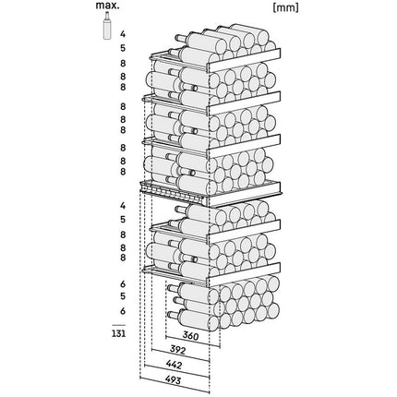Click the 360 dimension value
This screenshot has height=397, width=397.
(x=190, y=336)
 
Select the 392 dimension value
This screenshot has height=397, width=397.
(x=178, y=350)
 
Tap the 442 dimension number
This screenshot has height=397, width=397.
(x=174, y=365)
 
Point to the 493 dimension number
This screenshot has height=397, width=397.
(x=173, y=380)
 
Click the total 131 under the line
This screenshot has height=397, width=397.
(x=119, y=333)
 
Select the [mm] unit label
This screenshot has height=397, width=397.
(x=285, y=7)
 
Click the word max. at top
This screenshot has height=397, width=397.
(x=107, y=6)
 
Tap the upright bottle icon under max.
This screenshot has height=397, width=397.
(x=107, y=26)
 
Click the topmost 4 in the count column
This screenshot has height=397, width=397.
(x=123, y=33)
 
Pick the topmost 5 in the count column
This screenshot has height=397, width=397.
(x=123, y=48)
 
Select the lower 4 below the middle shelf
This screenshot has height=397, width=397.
(x=123, y=206)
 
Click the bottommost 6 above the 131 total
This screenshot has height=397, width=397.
(x=123, y=311)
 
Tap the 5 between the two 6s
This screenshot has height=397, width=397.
(x=123, y=296)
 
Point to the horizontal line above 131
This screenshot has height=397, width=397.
(x=119, y=325)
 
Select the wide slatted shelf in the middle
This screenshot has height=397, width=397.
(x=211, y=193)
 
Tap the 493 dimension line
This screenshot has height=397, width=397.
(x=174, y=384)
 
